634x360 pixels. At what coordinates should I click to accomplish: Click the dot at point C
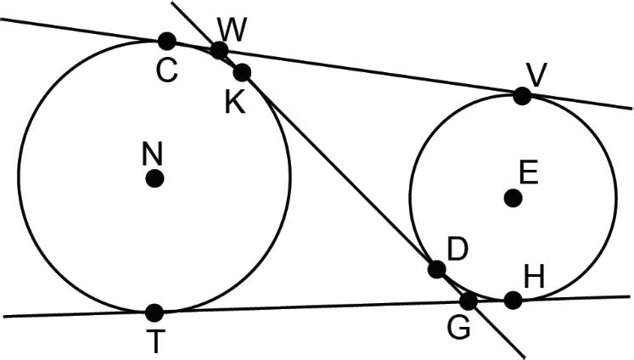pyautogui.click(x=166, y=40)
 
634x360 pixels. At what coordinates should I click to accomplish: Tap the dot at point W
pyautogui.click(x=219, y=50)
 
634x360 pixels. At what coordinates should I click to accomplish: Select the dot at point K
pyautogui.click(x=242, y=71)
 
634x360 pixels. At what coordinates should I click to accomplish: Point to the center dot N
pyautogui.click(x=154, y=178)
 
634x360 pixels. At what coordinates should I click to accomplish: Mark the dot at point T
pyautogui.click(x=154, y=312)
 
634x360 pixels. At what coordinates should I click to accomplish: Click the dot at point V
pyautogui.click(x=522, y=96)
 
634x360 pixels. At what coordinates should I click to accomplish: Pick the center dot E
pyautogui.click(x=513, y=198)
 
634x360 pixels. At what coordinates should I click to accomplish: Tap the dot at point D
pyautogui.click(x=436, y=269)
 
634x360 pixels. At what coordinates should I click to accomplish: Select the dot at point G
pyautogui.click(x=468, y=300)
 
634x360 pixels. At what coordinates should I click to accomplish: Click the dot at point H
pyautogui.click(x=513, y=299)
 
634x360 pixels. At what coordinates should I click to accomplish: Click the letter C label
pyautogui.click(x=166, y=71)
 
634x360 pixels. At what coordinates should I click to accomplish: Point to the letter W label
pyautogui.click(x=230, y=28)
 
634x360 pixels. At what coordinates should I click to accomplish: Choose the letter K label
pyautogui.click(x=235, y=102)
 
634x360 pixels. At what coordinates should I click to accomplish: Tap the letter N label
pyautogui.click(x=153, y=154)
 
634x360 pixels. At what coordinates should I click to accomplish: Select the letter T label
pyautogui.click(x=154, y=341)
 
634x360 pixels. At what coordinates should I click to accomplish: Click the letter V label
pyautogui.click(x=535, y=74)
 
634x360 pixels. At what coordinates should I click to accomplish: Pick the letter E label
pyautogui.click(x=529, y=173)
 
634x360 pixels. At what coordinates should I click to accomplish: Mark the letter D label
pyautogui.click(x=457, y=249)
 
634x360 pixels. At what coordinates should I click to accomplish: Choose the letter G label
pyautogui.click(x=459, y=329)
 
